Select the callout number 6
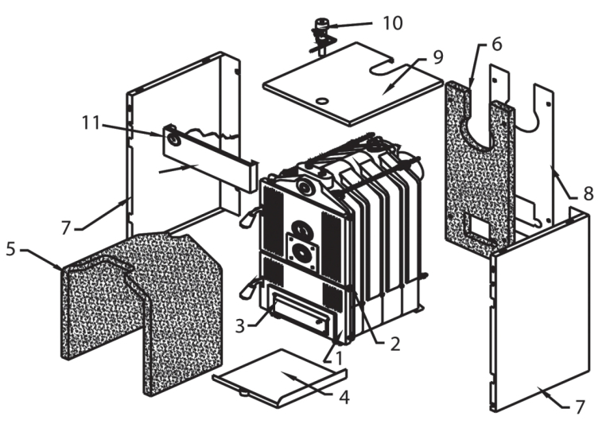tap(495, 45)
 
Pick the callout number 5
tap(10, 249)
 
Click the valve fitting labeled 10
tap(323, 29)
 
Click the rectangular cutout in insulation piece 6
tap(480, 229)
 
